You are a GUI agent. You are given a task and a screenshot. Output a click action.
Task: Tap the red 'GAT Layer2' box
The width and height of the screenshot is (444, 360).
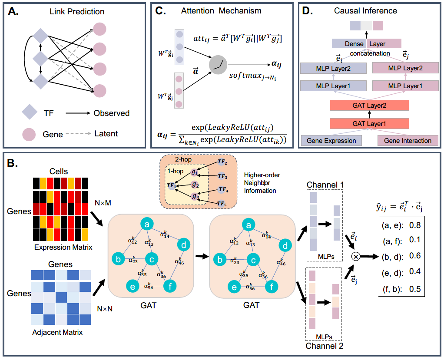click(x=369, y=106)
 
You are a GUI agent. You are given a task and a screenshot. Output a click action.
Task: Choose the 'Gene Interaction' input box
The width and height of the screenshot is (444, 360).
click(x=408, y=140)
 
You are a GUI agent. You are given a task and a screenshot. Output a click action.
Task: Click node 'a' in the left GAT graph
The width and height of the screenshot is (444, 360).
click(x=147, y=225)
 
